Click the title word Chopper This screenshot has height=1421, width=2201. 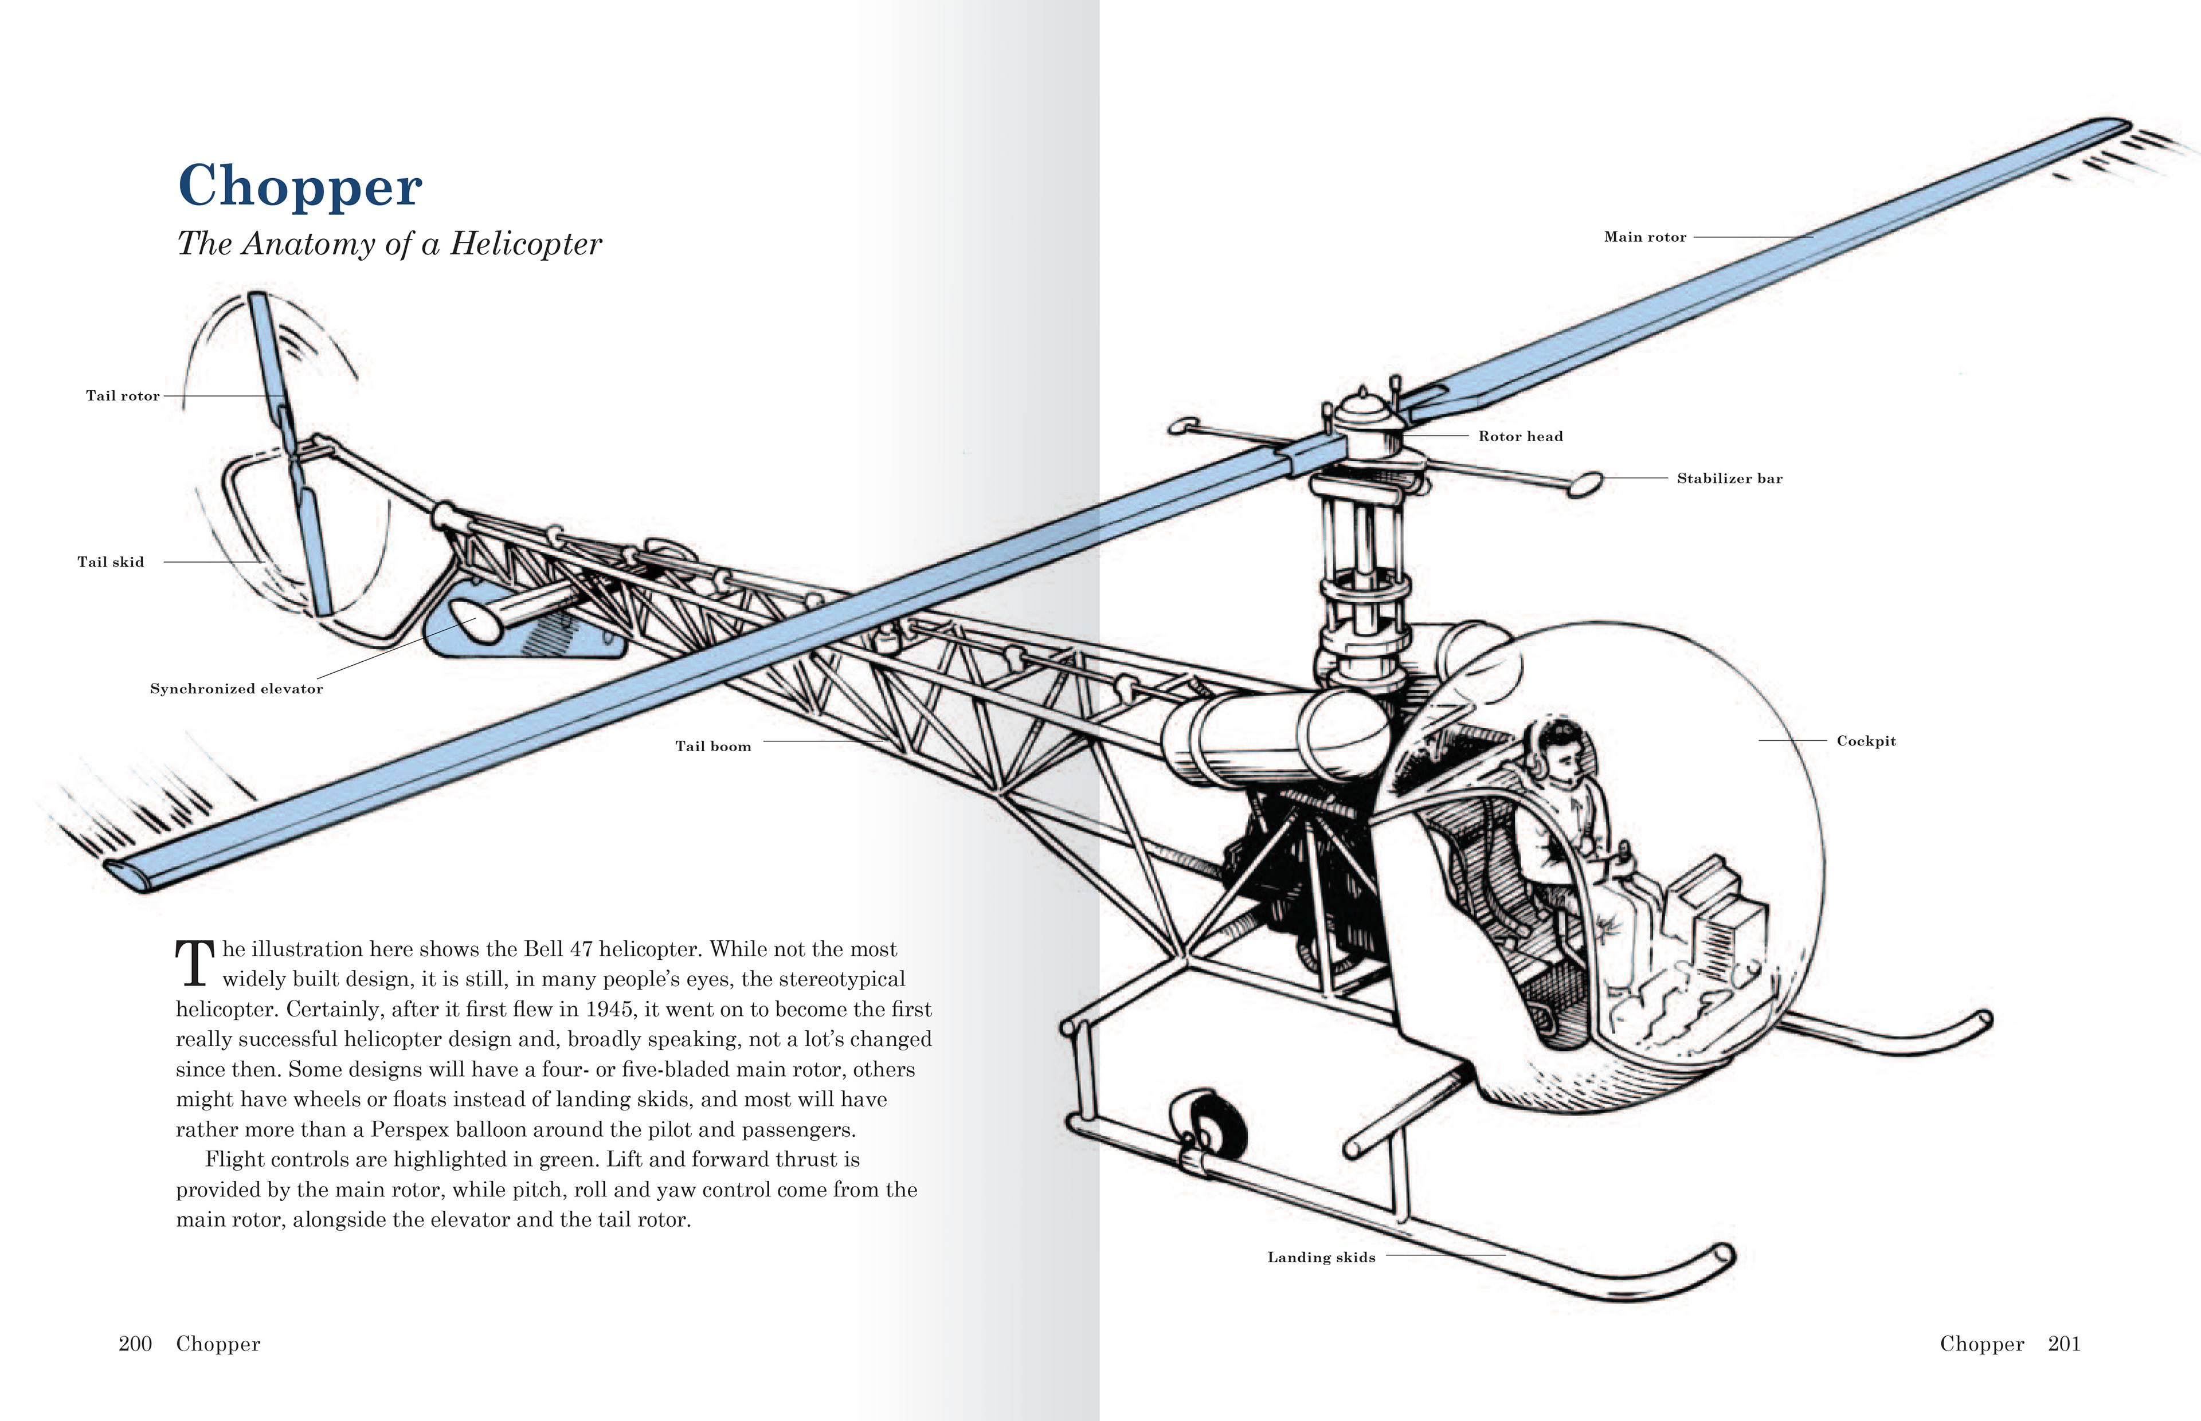click(300, 186)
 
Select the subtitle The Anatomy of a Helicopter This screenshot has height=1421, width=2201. click(389, 244)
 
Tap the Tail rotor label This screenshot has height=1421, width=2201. click(123, 396)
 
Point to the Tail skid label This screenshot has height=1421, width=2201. click(111, 562)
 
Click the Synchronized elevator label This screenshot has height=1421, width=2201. click(236, 688)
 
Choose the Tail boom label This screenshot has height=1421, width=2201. click(714, 747)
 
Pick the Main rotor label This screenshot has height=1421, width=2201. click(1644, 237)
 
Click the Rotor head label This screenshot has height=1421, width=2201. click(1520, 437)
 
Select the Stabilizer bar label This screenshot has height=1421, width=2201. click(1729, 478)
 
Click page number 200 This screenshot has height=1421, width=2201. click(135, 1344)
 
